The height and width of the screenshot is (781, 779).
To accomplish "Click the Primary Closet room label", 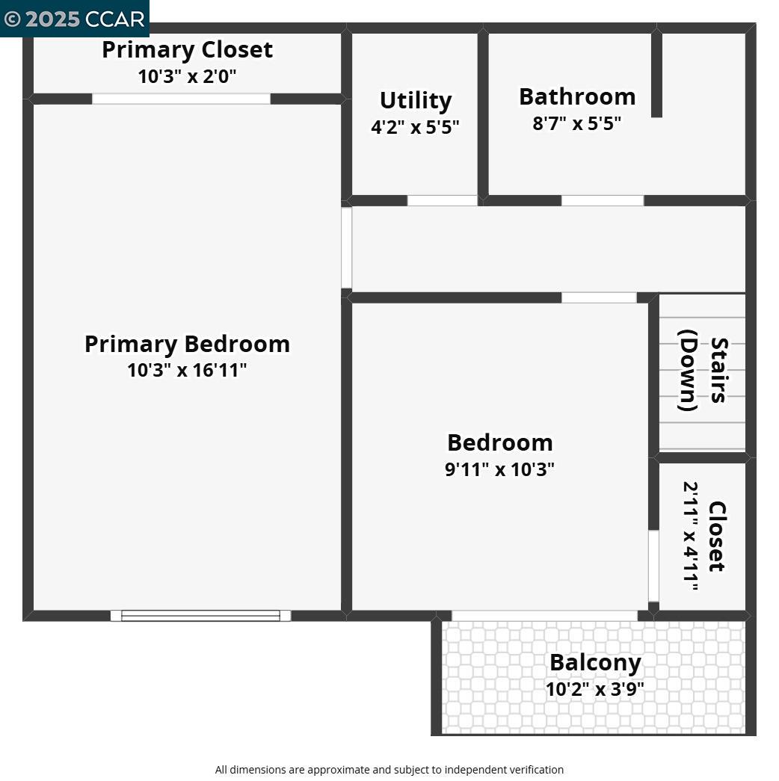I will point(187,50).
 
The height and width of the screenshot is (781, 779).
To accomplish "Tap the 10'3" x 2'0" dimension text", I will point(187,76).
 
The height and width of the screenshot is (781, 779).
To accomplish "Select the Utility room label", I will point(415,100).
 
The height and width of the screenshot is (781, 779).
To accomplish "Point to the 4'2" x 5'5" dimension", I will point(415,127).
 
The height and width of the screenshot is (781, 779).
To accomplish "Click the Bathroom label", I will point(576,96).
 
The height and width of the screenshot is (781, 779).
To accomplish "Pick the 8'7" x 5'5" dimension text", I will point(576,123).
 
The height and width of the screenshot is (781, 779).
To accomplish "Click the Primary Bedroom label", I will point(187,344).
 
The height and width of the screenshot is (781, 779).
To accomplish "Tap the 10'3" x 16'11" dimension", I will point(187,370).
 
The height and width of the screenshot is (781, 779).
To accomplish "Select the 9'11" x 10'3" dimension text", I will point(499,469).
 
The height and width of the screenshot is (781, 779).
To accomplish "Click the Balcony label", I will point(595,662).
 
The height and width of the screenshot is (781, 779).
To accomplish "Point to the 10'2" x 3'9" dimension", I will point(595,688).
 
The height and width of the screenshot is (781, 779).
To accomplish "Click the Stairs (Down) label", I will point(703,370).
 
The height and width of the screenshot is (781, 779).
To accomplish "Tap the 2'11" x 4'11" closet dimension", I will point(691,536).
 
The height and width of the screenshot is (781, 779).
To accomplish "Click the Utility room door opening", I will point(442,200).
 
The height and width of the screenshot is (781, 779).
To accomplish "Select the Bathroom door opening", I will point(602,200).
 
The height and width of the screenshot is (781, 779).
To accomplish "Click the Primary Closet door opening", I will point(181,99).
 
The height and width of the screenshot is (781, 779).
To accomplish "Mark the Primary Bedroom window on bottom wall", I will point(200,616).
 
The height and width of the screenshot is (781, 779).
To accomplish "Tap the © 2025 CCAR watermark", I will point(74,19).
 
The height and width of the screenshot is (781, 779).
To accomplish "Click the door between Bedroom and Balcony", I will point(544,616).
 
